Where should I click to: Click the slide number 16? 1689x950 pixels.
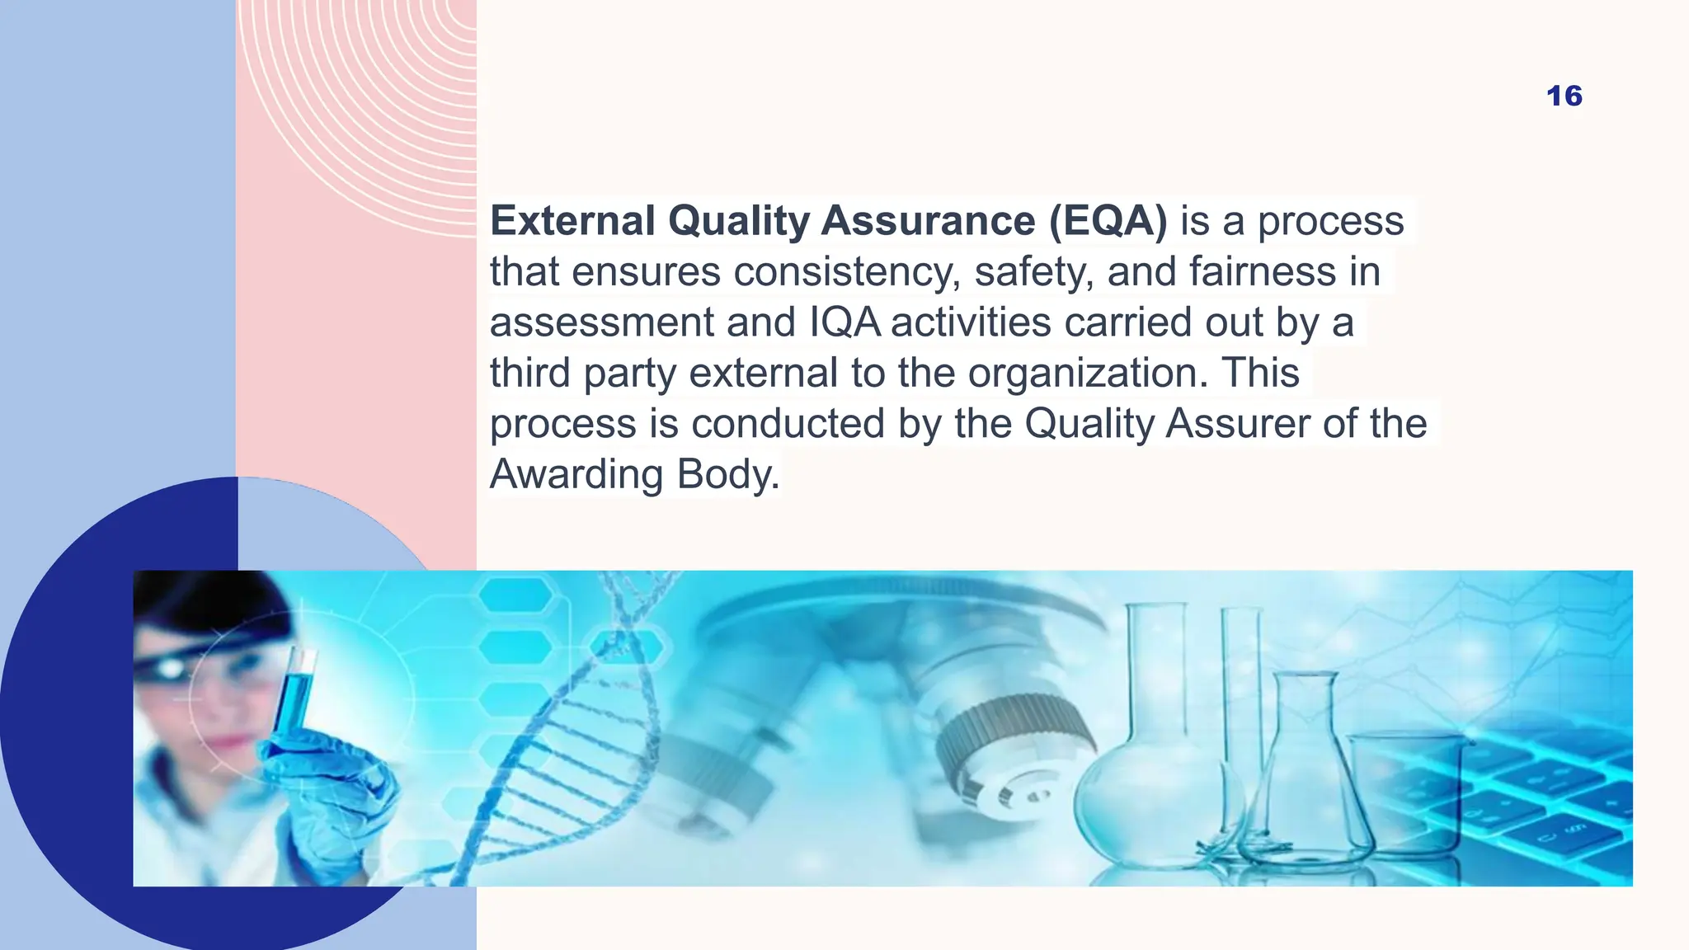[x=1564, y=96]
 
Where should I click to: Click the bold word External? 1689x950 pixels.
[x=572, y=221]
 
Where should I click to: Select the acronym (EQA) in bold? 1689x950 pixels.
[x=1108, y=221]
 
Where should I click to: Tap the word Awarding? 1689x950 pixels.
[x=576, y=475]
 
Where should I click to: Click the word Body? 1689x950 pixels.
[x=728, y=475]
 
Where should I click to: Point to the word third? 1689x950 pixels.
[x=530, y=374]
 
